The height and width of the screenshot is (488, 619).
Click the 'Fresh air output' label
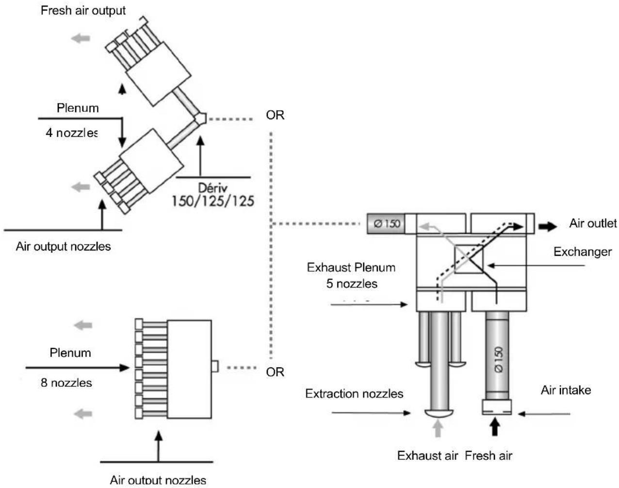pos(83,10)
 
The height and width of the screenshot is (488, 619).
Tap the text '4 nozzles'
pos(71,132)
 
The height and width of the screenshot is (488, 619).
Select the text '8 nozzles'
pos(66,383)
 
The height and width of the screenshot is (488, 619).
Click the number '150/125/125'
pos(213,201)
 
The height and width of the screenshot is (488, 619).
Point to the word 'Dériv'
pos(212,188)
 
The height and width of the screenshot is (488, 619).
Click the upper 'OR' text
pos(275,115)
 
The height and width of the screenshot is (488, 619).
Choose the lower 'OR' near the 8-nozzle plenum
pos(275,372)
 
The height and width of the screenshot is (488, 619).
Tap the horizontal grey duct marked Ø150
pos(386,224)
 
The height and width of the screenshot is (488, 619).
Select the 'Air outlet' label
pos(593,223)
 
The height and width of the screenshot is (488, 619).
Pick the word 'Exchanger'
pos(582,252)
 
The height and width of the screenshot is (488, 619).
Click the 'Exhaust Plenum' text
pos(351,267)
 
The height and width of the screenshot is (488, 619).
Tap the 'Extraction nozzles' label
pos(354,393)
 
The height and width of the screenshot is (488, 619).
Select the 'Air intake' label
pos(566,390)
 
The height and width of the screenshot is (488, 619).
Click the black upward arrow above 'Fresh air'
pos(494,427)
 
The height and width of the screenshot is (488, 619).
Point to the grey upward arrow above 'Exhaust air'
pos(438,428)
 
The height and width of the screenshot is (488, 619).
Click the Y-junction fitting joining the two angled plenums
pos(201,118)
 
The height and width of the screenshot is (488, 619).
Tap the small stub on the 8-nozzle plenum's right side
pos(214,366)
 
